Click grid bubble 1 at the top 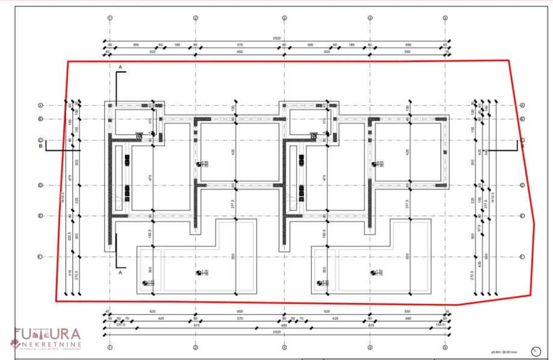[x=110, y=17]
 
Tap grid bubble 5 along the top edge [x=445, y=17]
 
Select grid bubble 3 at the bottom [x=283, y=348]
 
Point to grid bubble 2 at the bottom [x=196, y=348]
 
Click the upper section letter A [x=120, y=65]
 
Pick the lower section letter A [x=120, y=272]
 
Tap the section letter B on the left [x=41, y=145]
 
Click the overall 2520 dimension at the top [x=277, y=38]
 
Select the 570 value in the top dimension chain [x=239, y=45]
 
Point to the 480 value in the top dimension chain [x=407, y=45]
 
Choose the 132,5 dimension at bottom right [x=439, y=324]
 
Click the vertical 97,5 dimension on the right [x=480, y=228]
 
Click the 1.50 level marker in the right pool [x=377, y=272]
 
